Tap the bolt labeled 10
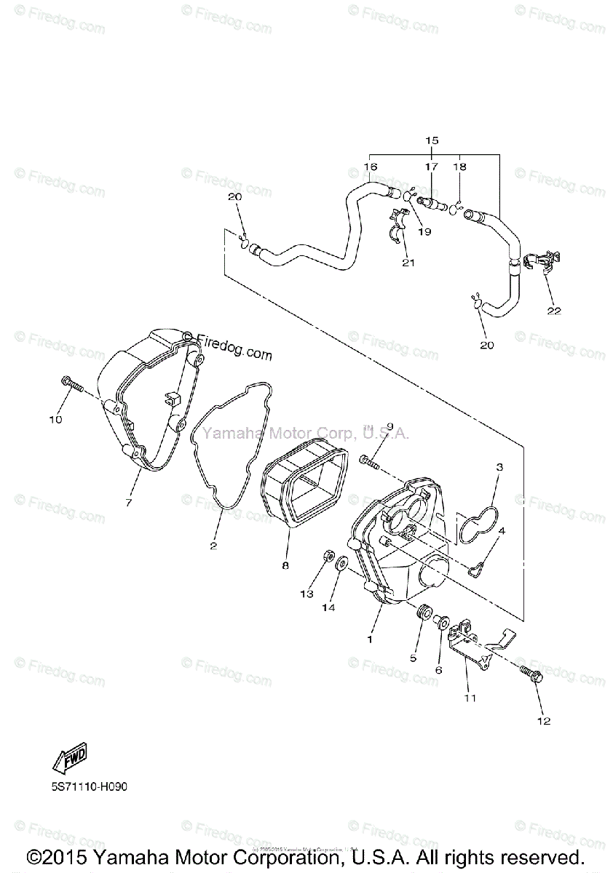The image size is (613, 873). point(71,383)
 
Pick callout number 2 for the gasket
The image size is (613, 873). point(213,545)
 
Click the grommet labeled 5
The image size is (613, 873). point(421,612)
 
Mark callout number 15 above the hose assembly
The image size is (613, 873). point(432,138)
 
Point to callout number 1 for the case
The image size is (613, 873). point(369,639)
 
